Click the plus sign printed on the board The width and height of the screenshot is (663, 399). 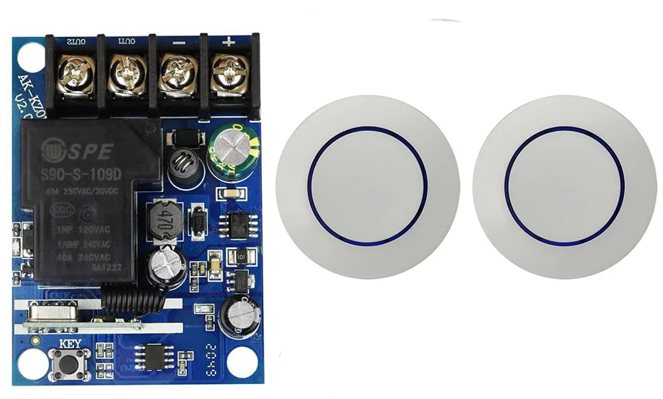click(x=228, y=41)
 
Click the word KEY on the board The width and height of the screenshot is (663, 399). click(x=70, y=343)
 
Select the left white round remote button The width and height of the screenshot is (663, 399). click(x=367, y=187)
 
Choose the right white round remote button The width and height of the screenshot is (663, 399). click(x=566, y=187)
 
